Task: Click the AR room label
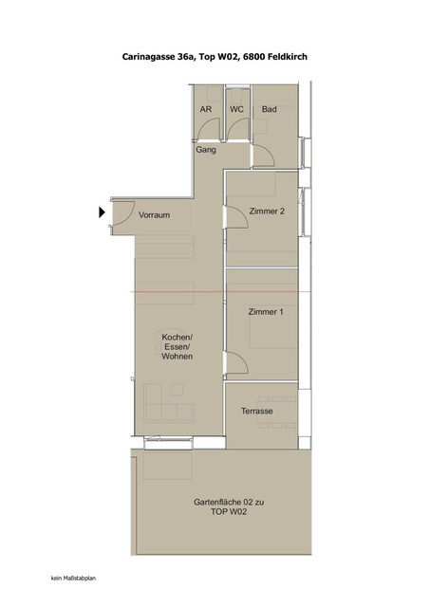[x=206, y=110]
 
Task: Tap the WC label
[x=236, y=110]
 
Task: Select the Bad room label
[x=270, y=110]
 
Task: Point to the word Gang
[x=206, y=150]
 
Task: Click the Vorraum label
[x=154, y=215]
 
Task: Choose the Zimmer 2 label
[x=267, y=212]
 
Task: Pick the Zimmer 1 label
[x=265, y=312]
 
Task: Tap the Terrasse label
[x=257, y=411]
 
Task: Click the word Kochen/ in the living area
[x=178, y=339]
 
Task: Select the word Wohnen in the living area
[x=178, y=358]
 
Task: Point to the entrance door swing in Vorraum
[x=122, y=215]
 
